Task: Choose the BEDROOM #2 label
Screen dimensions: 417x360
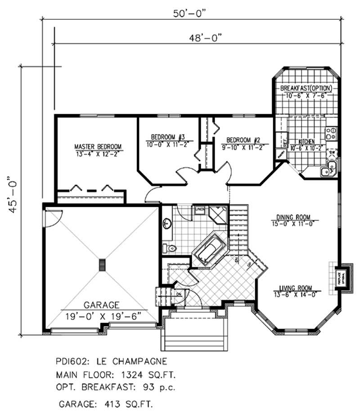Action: pyautogui.click(x=243, y=139)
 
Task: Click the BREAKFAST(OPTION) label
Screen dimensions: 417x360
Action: pyautogui.click(x=306, y=87)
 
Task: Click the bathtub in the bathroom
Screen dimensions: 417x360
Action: pyautogui.click(x=209, y=250)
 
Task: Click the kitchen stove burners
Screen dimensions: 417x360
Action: pyautogui.click(x=331, y=132)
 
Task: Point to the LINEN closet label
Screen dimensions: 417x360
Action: pyautogui.click(x=200, y=209)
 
